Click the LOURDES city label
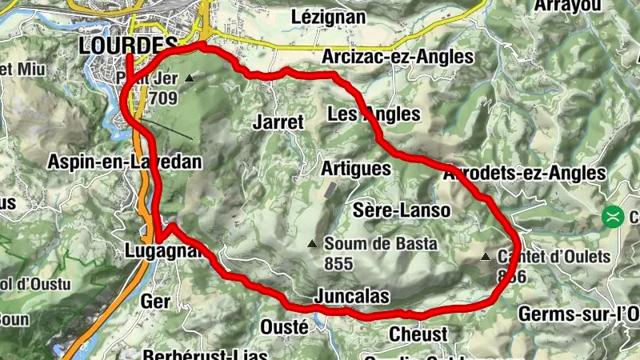[128, 46]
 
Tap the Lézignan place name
[329, 16]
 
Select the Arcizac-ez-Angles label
[397, 58]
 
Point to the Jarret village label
[278, 122]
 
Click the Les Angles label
[374, 115]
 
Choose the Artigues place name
[356, 169]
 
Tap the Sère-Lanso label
[402, 210]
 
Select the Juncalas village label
[352, 297]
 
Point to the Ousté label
[284, 326]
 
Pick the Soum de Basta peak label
[380, 244]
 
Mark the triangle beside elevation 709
[190, 78]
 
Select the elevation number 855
[339, 262]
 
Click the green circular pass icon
[614, 217]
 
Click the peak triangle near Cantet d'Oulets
[486, 258]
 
